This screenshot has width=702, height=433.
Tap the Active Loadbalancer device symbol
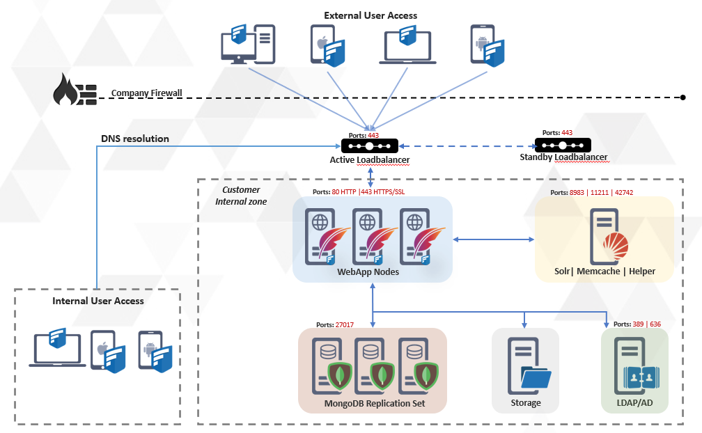(369, 146)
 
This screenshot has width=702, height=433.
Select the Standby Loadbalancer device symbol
(563, 145)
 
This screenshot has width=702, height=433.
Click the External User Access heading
(370, 15)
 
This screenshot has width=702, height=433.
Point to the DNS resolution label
(135, 139)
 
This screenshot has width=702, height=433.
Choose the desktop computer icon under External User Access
(247, 44)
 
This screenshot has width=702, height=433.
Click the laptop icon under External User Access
(407, 45)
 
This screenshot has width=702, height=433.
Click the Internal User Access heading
(98, 301)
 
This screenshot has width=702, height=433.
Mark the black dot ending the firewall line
(683, 97)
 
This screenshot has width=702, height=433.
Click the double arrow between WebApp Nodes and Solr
(493, 240)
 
